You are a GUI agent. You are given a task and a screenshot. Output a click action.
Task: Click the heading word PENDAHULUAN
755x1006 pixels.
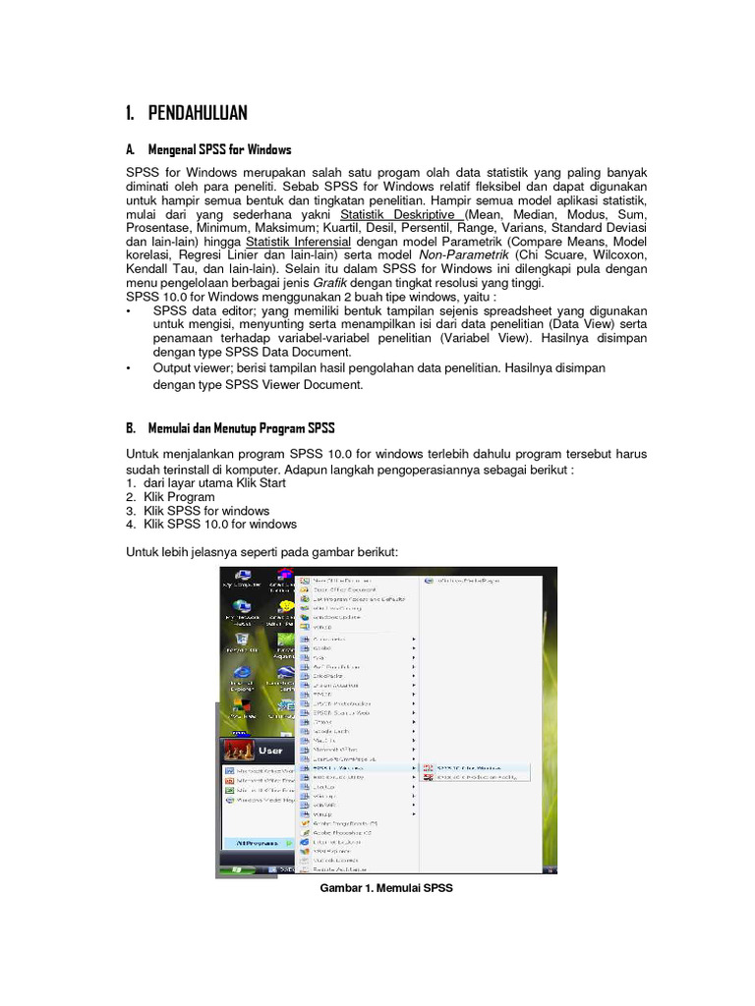point(198,112)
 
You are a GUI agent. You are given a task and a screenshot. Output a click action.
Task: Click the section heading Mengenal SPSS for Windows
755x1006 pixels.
point(219,150)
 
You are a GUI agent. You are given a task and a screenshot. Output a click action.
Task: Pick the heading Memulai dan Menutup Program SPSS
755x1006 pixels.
point(241,428)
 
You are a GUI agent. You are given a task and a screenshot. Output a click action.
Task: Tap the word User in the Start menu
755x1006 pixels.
point(270,750)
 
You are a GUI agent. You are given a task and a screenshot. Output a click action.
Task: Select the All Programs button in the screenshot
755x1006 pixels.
point(249,842)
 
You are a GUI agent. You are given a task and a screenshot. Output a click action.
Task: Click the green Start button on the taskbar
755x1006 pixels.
point(236,868)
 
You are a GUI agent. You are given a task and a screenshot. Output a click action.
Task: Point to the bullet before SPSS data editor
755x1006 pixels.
point(129,309)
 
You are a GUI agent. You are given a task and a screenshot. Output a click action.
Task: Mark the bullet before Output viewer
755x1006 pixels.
point(129,366)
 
